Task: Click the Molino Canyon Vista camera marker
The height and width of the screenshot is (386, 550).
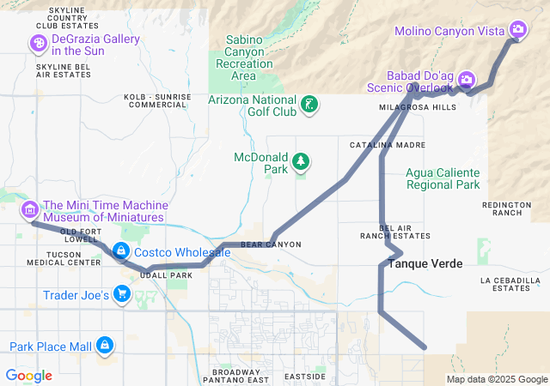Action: click(517, 30)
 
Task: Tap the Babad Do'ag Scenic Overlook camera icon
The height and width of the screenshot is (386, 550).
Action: click(466, 80)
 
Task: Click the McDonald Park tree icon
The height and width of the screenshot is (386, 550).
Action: click(301, 160)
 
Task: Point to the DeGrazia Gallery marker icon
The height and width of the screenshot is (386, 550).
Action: click(39, 43)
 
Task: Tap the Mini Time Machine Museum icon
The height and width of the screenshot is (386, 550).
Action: click(29, 209)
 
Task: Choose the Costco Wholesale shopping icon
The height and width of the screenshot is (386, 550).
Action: click(120, 251)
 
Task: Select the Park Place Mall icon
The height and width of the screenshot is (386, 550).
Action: click(105, 345)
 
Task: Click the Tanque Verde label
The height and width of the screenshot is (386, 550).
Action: click(425, 263)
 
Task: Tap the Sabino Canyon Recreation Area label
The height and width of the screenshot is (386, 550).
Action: click(245, 57)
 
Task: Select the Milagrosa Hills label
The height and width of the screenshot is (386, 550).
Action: click(418, 107)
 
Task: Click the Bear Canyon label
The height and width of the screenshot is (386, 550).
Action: click(271, 244)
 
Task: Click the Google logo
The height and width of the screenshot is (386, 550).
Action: click(28, 375)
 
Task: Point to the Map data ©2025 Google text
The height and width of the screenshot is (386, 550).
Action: click(496, 379)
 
